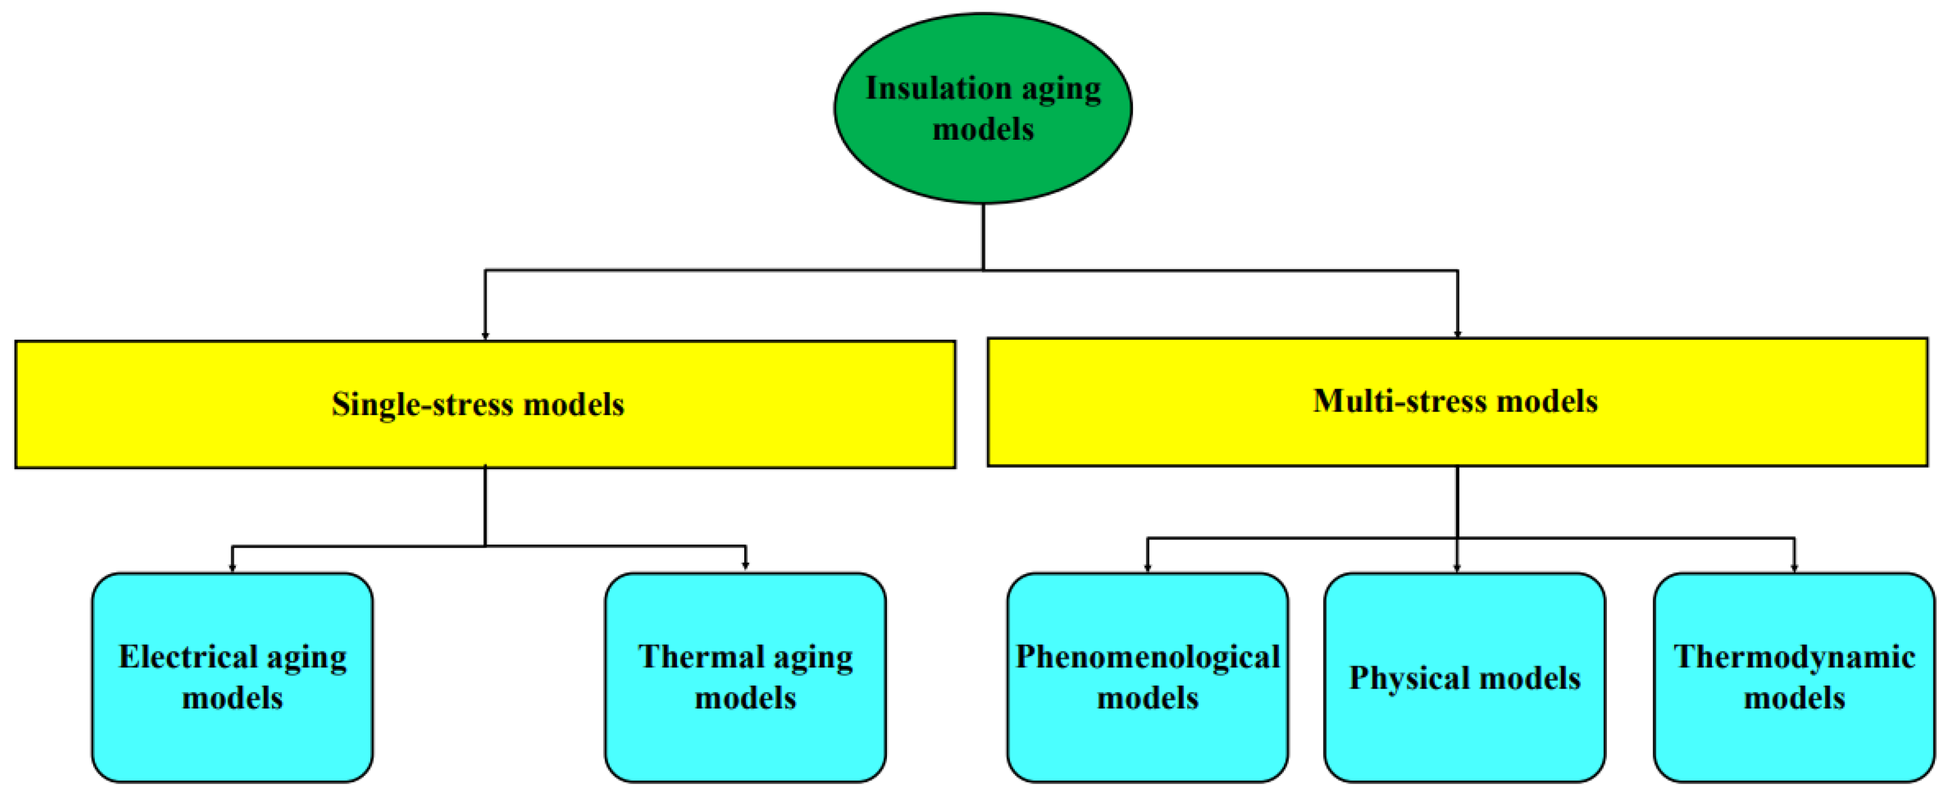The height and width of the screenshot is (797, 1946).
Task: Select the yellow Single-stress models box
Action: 484,438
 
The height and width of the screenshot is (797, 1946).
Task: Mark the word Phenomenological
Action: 1147,657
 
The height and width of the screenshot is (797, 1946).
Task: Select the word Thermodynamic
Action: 1793,657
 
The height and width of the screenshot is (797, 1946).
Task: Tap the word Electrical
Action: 188,657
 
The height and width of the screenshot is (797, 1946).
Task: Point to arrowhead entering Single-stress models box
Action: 485,335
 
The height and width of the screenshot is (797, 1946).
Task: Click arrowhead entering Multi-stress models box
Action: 1457,333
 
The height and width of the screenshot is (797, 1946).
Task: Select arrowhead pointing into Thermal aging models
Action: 745,565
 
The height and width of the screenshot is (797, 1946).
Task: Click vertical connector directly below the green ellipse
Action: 983,236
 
